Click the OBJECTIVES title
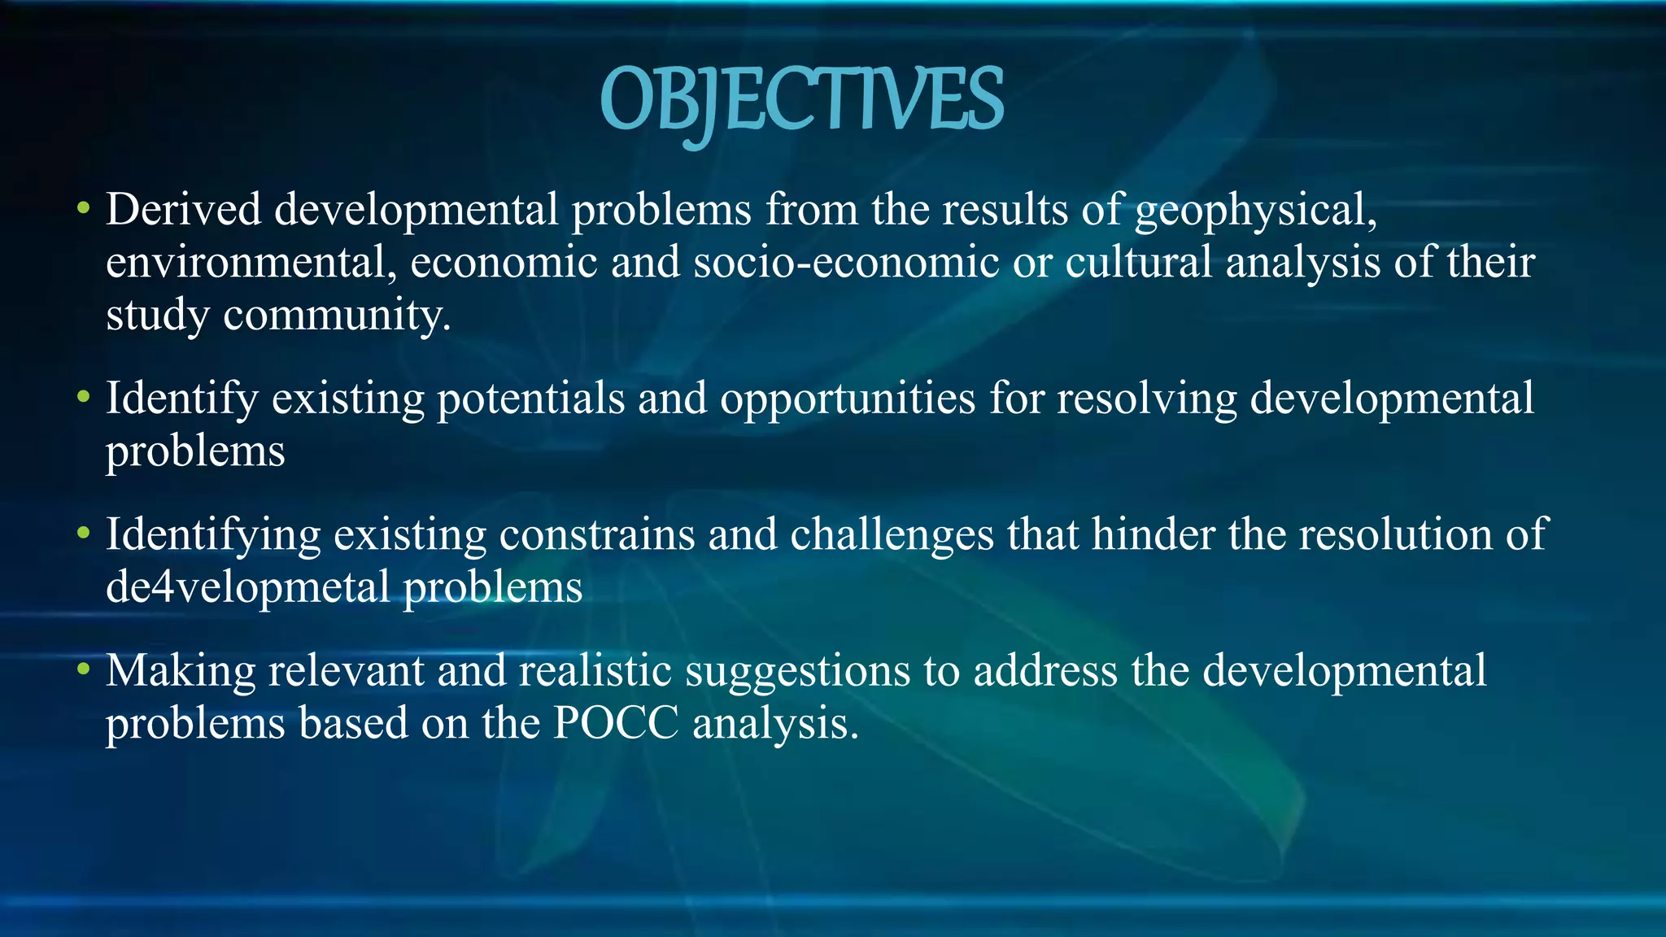click(801, 101)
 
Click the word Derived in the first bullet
click(183, 209)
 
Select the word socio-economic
click(846, 263)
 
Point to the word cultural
click(1138, 263)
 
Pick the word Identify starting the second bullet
click(181, 399)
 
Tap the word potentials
click(531, 399)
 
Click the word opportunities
click(847, 399)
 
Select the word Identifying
click(213, 535)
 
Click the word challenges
click(892, 535)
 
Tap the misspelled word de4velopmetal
click(248, 587)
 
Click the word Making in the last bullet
click(181, 672)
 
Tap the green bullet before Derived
click(82, 209)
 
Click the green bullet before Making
click(82, 671)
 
